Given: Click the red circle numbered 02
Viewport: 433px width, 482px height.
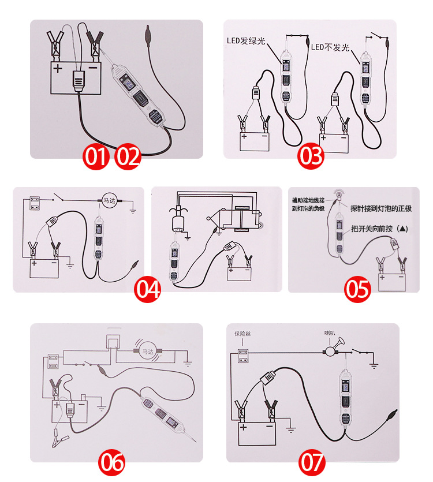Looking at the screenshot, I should [x=128, y=156].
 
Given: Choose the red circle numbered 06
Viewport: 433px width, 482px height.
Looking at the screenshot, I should [x=112, y=462].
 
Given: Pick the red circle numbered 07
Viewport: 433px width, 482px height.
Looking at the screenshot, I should [x=312, y=462].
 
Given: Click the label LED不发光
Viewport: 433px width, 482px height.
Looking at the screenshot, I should [x=331, y=47].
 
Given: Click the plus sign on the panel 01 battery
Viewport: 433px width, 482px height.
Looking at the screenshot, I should [x=58, y=68].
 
